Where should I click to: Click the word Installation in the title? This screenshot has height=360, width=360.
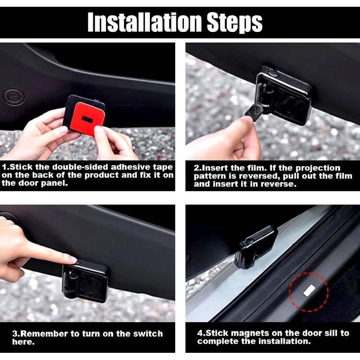pos(144,22)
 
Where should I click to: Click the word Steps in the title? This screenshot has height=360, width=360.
pos(234,23)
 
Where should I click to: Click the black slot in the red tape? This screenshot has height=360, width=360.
pos(87,119)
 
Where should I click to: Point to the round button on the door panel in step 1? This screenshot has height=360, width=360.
pos(13,97)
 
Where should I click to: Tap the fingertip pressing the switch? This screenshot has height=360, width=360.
pos(73,260)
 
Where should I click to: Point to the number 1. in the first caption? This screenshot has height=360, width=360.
pos(5,167)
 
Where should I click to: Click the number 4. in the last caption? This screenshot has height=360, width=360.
pos(201,333)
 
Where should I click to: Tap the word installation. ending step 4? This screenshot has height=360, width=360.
pos(284,341)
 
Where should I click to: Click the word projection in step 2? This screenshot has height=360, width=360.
pos(318,168)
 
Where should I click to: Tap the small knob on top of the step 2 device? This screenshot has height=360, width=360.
pos(273,73)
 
